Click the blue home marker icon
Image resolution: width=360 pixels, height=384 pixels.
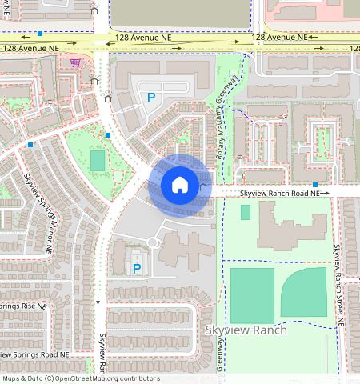180,185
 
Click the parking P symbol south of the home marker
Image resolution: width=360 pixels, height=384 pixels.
137,268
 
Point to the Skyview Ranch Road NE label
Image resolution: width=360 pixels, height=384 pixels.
280,194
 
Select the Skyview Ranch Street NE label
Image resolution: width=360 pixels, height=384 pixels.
339,284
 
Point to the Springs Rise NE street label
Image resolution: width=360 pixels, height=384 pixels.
24,306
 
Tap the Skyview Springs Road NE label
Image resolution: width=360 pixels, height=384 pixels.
35,354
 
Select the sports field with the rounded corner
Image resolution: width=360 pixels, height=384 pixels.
304,291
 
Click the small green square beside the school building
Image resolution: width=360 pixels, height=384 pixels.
245,212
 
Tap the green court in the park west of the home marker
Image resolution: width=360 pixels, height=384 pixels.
97,161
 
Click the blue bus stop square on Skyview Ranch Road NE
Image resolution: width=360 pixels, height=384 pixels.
315,185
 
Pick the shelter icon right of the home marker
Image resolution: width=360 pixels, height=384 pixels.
205,188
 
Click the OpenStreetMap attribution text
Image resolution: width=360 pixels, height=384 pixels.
81,378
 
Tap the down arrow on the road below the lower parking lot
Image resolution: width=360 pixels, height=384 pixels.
98,299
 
